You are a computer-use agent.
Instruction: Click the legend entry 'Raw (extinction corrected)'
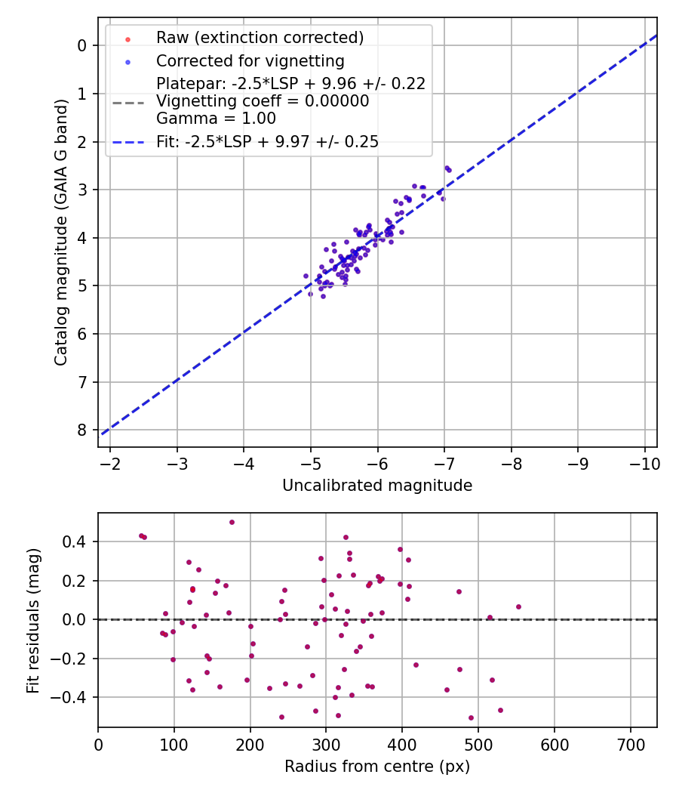pyautogui.click(x=260, y=38)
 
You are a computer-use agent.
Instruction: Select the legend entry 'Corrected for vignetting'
pyautogui.click(x=250, y=60)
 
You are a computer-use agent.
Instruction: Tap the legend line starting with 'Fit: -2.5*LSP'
pyautogui.click(x=267, y=141)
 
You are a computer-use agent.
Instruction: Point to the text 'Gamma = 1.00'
pyautogui.click(x=216, y=119)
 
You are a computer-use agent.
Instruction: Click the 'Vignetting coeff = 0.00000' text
pyautogui.click(x=263, y=101)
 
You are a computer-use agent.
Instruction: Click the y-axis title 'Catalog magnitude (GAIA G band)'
pyautogui.click(x=62, y=232)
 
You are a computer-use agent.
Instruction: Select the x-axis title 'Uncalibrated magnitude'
pyautogui.click(x=377, y=486)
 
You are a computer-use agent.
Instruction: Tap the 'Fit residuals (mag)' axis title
pyautogui.click(x=32, y=620)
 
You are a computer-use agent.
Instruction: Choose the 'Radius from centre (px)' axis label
pyautogui.click(x=377, y=767)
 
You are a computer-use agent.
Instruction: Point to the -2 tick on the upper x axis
pyautogui.click(x=110, y=462)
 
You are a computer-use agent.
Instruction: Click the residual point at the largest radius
pyautogui.click(x=518, y=606)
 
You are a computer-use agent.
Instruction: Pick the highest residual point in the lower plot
pyautogui.click(x=232, y=522)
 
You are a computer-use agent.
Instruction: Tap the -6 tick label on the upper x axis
pyautogui.click(x=377, y=462)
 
